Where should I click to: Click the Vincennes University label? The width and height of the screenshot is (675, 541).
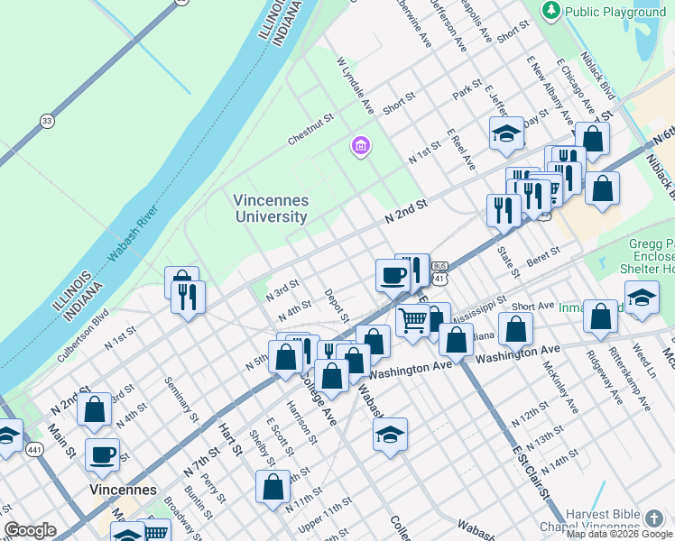tap(271, 208)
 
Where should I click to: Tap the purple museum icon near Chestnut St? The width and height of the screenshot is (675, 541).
tap(360, 145)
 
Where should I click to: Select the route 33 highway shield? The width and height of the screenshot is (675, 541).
tap(46, 120)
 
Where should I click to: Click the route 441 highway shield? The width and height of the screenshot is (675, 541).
tap(35, 448)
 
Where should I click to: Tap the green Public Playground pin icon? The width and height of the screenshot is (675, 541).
tap(551, 11)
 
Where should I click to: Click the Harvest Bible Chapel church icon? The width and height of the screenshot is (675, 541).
tap(654, 518)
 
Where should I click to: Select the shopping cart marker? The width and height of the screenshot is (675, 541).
tap(412, 319)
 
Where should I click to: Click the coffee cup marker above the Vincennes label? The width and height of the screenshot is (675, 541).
tap(102, 454)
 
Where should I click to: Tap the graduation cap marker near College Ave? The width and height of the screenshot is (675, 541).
tap(390, 434)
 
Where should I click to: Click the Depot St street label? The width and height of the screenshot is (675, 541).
tap(337, 307)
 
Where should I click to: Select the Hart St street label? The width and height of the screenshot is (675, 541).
tap(232, 438)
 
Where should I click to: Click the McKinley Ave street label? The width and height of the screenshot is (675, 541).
tap(559, 388)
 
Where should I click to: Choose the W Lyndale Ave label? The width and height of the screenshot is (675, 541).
tap(355, 87)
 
